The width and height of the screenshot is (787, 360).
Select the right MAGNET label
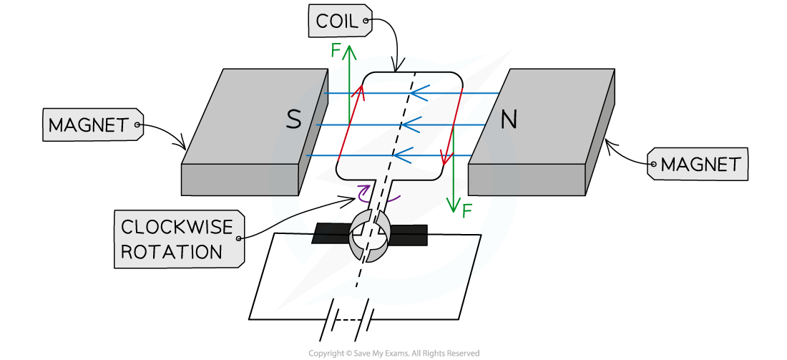click(700, 165)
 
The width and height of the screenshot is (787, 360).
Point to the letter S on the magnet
click(293, 120)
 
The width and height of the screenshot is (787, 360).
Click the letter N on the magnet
click(508, 120)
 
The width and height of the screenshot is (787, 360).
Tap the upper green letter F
click(336, 51)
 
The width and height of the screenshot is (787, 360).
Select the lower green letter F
click(466, 211)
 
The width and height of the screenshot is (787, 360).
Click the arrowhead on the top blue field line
click(416, 94)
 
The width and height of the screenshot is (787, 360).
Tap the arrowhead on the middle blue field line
click(409, 125)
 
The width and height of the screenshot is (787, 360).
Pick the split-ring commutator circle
click(369, 235)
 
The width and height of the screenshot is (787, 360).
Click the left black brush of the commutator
click(331, 233)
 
